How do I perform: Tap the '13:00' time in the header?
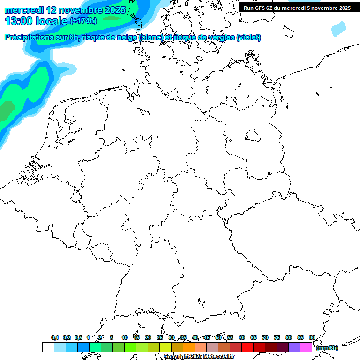[18, 21]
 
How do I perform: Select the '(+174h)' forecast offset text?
[83, 21]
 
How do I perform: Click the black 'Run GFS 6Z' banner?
[297, 7]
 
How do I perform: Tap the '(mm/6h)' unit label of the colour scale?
[327, 348]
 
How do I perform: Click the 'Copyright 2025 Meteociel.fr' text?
[199, 356]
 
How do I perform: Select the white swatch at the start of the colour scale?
[48, 347]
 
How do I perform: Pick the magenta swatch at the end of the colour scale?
[306, 347]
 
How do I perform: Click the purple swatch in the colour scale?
[294, 347]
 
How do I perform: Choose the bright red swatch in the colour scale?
[247, 347]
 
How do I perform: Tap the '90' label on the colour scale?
[312, 337]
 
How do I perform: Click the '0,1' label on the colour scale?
[55, 337]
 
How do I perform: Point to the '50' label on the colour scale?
[218, 337]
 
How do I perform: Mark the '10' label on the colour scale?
[125, 337]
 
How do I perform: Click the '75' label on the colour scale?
[277, 337]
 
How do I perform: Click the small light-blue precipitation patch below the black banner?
[338, 29]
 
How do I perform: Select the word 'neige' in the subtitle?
[127, 37]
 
